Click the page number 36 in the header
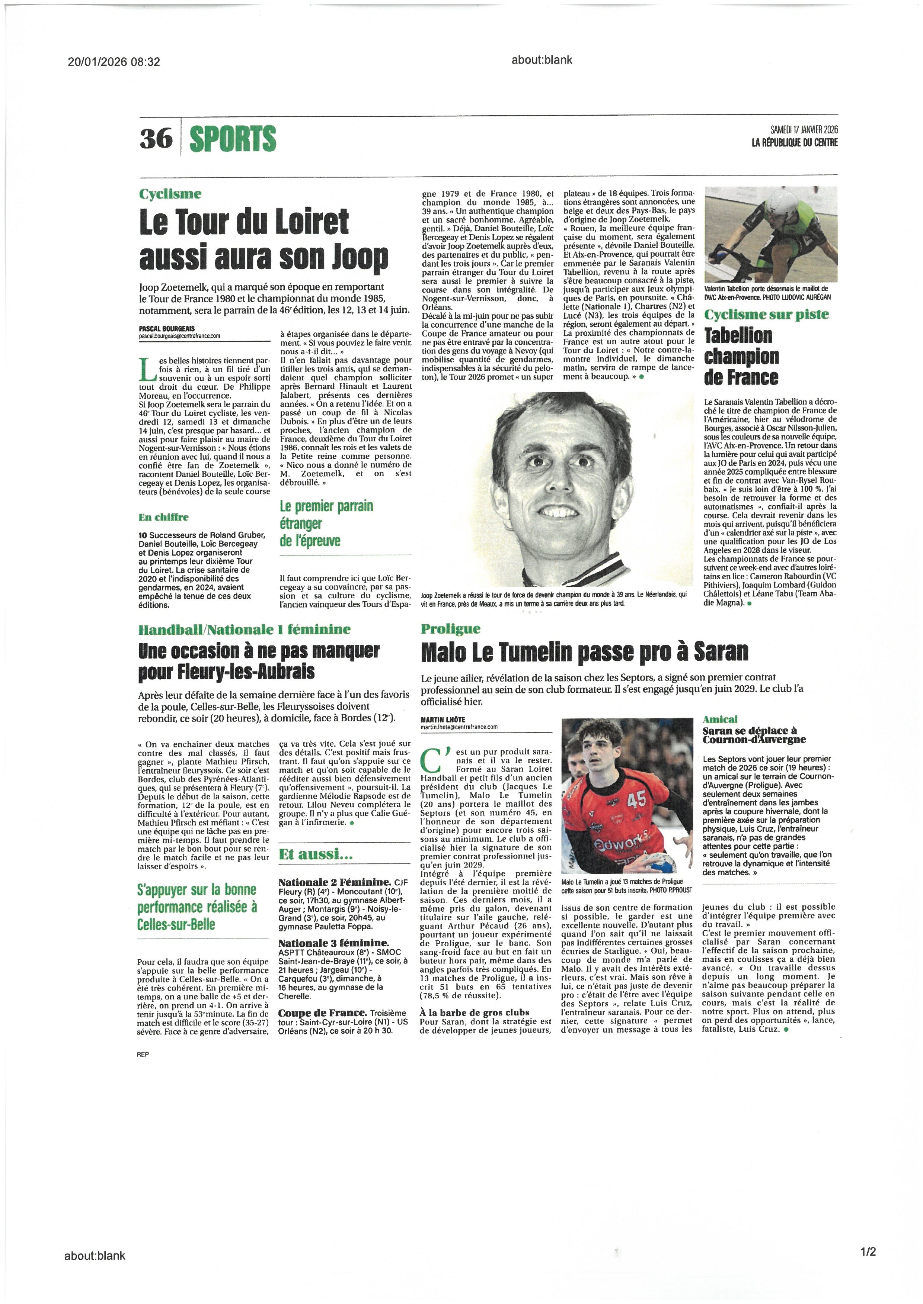coord(155,138)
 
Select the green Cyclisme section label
coord(170,194)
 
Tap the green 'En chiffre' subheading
coord(164,517)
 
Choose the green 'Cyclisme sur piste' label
coord(766,314)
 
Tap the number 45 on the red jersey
coord(636,800)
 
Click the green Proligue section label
coord(451,629)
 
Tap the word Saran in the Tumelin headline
coord(721,653)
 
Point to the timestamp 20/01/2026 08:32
coord(114,61)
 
